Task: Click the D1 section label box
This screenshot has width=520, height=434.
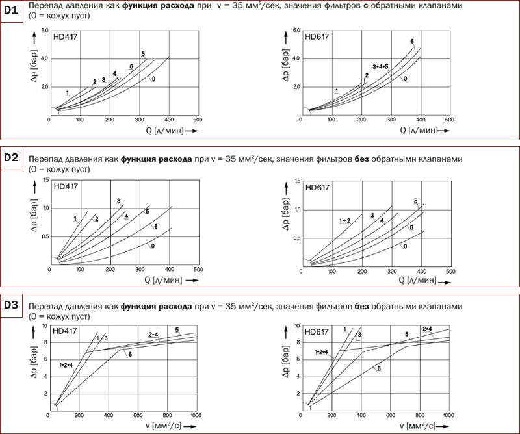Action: click(x=10, y=11)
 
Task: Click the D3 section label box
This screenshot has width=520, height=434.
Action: click(x=10, y=305)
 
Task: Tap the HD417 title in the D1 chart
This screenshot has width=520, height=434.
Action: click(x=66, y=37)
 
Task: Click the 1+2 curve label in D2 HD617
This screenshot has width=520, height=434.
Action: click(x=345, y=222)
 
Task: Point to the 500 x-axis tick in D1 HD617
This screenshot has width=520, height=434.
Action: click(x=449, y=120)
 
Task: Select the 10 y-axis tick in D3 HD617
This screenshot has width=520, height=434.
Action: click(x=296, y=325)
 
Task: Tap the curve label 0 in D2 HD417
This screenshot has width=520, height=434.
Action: click(x=152, y=247)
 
